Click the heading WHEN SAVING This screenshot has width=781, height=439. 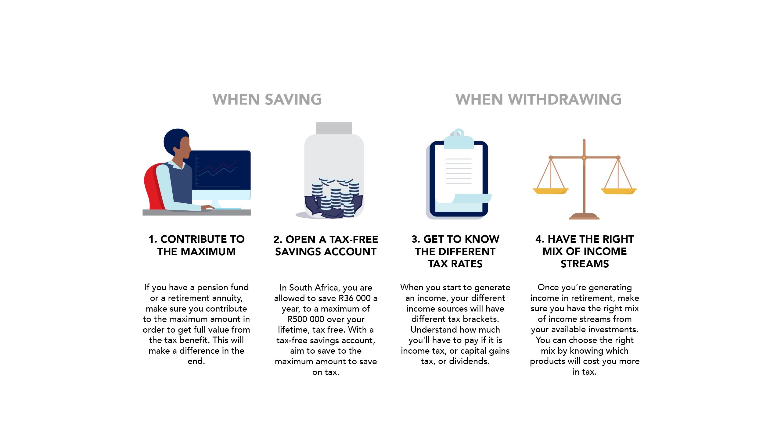pos(267,99)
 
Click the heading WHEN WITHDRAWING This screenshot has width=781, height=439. pos(538,99)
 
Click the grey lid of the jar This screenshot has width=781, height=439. pos(334,128)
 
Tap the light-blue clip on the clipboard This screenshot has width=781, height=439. pos(458,140)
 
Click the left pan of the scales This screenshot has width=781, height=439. pos(551,191)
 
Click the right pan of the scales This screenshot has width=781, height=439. pos(618,191)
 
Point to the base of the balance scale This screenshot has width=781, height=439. pos(584,216)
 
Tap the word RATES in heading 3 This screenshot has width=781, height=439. pos(466,264)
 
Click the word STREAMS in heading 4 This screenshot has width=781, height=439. pos(585,264)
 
